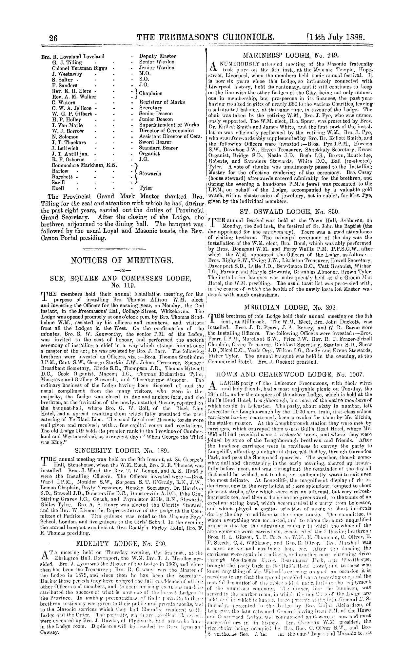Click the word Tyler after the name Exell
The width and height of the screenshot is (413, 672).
point(146,188)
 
